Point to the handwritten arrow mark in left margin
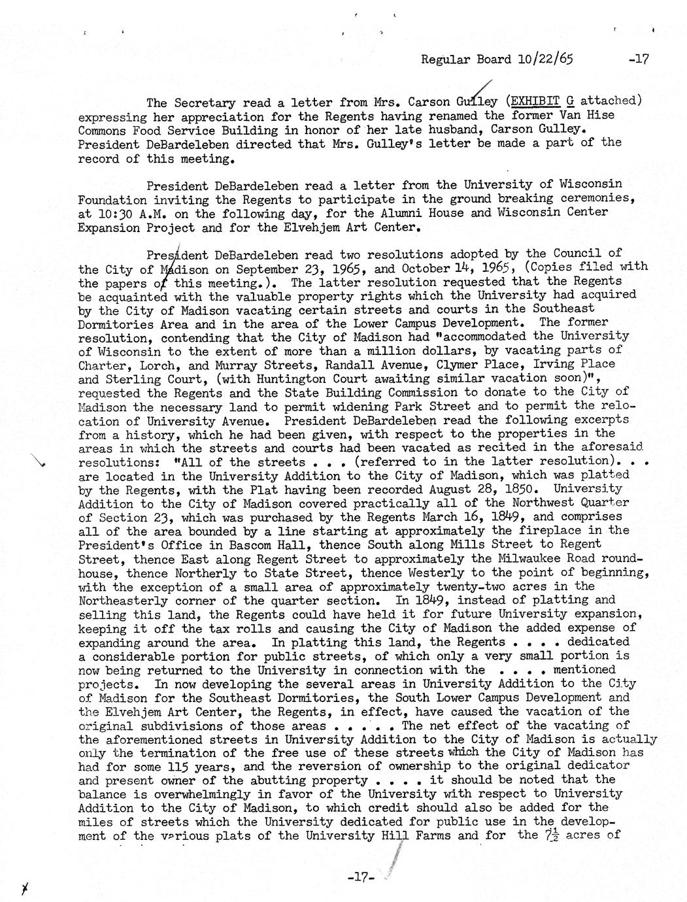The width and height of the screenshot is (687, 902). [40, 462]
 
